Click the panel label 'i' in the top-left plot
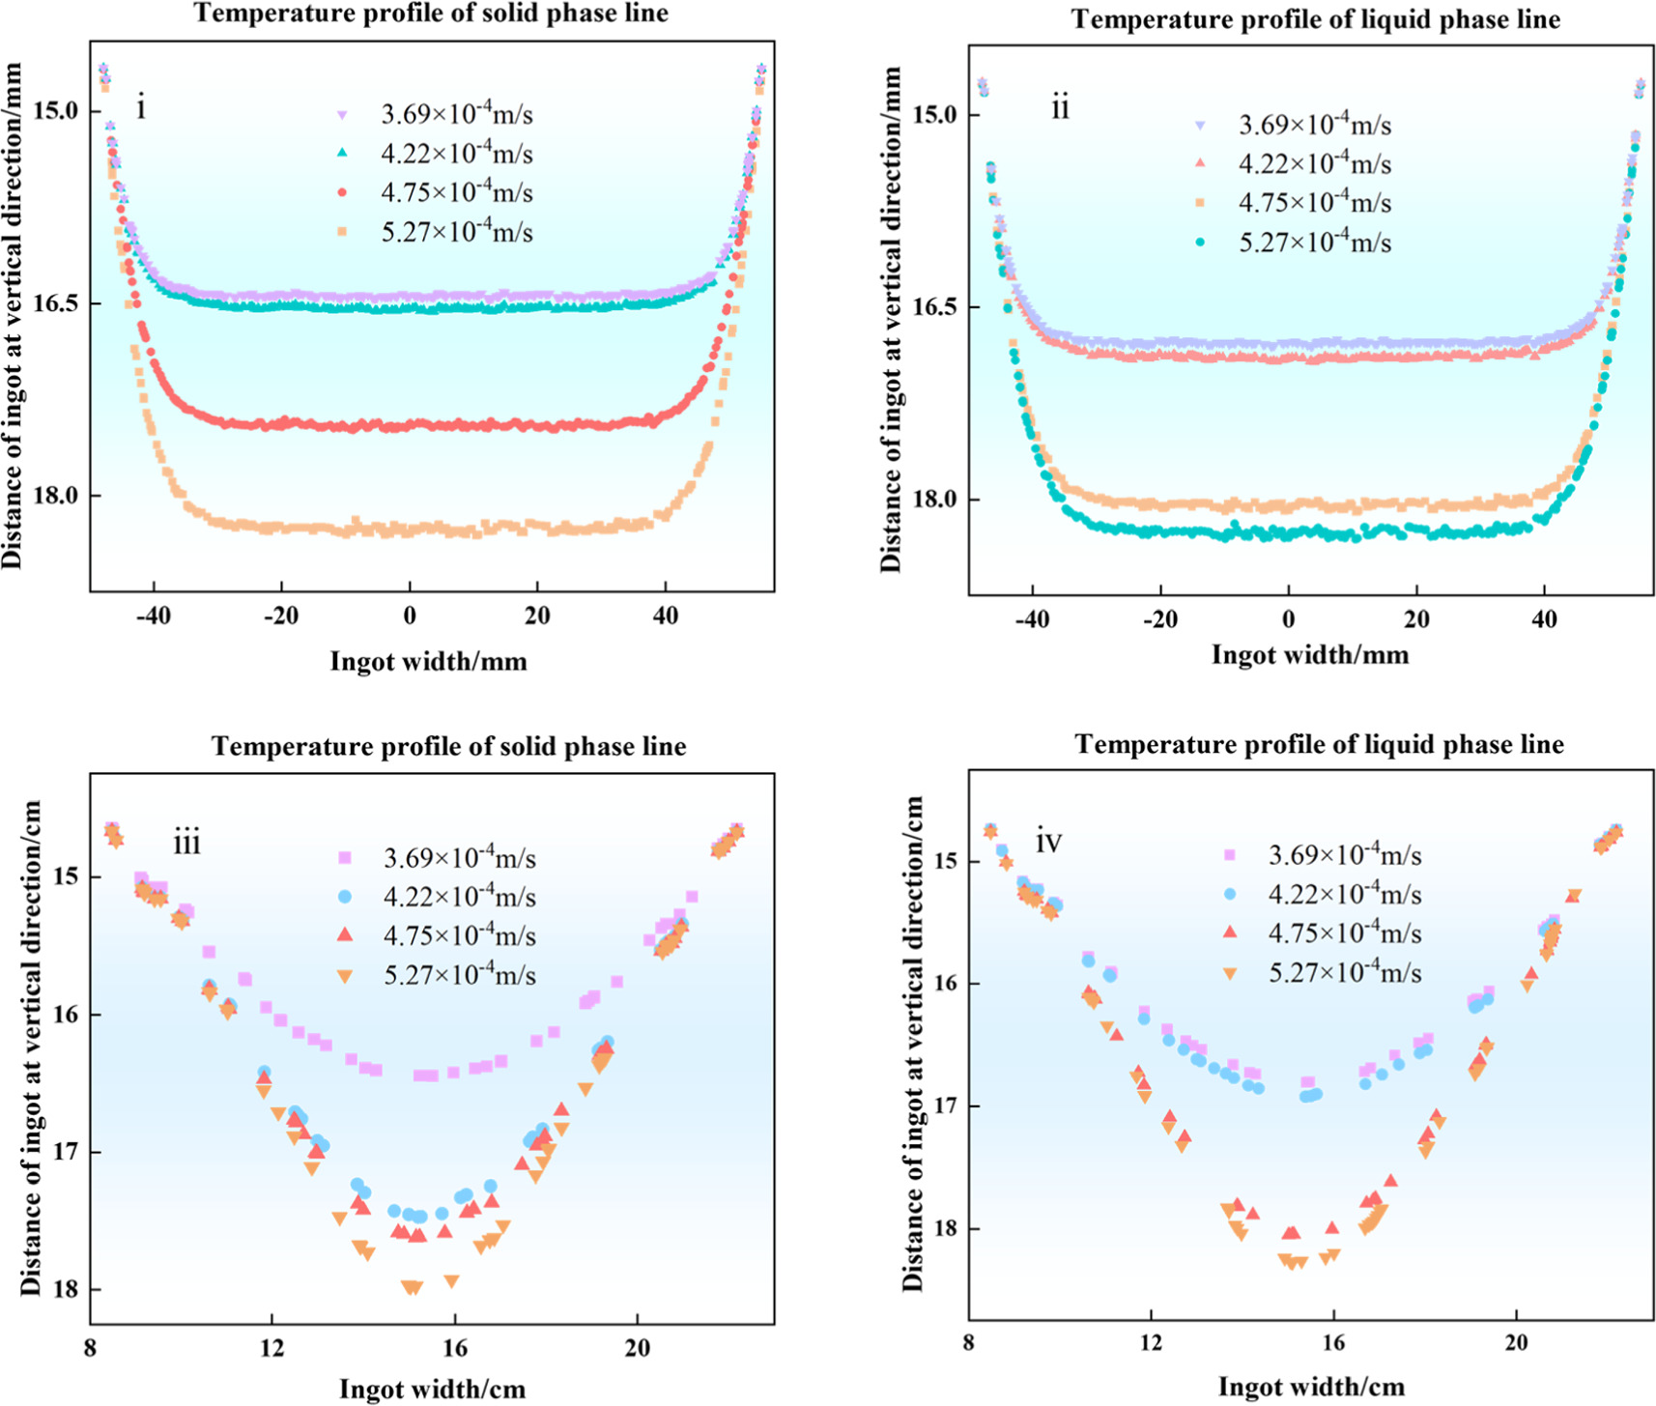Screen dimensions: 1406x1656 point(141,108)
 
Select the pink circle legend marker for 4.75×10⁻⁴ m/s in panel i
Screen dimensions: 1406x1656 point(341,193)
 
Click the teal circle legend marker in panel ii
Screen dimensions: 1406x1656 point(1200,243)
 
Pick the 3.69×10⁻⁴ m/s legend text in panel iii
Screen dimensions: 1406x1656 point(459,857)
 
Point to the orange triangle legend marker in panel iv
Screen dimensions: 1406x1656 point(1230,974)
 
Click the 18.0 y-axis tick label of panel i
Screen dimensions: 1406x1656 point(55,495)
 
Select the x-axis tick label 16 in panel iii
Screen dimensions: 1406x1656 point(455,1348)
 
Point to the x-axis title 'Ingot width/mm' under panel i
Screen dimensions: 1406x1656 point(428,662)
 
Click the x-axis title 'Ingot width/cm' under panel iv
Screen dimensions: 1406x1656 point(1311,1388)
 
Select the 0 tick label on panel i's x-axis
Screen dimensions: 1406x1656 point(410,617)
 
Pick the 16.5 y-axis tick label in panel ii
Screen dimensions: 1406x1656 point(935,306)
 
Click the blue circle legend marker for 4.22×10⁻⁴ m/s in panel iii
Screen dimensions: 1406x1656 point(344,898)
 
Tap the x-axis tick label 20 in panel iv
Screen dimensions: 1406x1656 point(1516,1344)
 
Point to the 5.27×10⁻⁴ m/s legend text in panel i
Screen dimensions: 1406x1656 point(456,232)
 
